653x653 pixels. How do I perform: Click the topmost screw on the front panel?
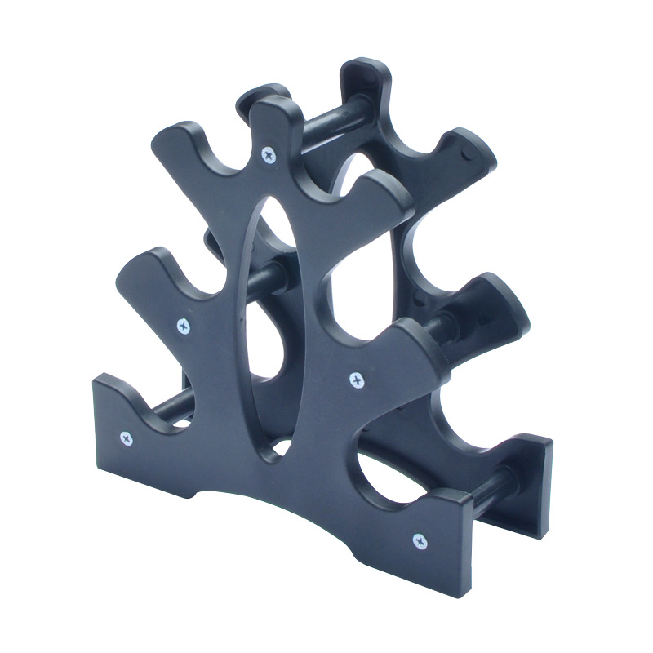(268, 153)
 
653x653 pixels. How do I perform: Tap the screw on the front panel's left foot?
(127, 438)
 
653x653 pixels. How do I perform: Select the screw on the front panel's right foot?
(420, 540)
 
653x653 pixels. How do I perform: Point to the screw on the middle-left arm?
(184, 326)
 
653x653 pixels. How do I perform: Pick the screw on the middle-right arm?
(356, 378)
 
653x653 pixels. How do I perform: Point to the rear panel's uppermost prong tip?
(359, 73)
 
